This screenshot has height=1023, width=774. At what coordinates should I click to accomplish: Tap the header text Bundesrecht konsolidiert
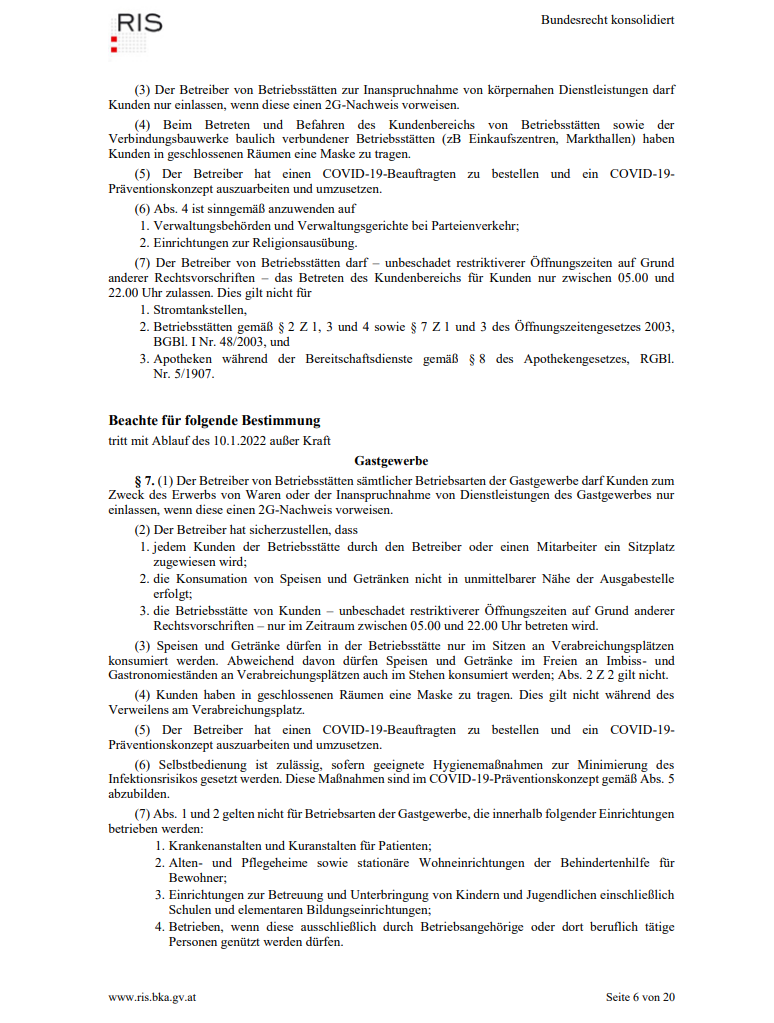tap(607, 20)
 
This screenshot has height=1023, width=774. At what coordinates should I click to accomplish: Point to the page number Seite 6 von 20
tap(640, 997)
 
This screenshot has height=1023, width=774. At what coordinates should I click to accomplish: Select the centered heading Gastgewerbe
tap(391, 461)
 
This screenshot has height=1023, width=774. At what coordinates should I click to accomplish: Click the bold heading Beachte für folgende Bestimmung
tap(214, 421)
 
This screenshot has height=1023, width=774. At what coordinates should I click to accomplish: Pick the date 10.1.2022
tap(227, 441)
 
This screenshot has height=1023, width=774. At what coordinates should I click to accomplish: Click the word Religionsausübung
tap(308, 242)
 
